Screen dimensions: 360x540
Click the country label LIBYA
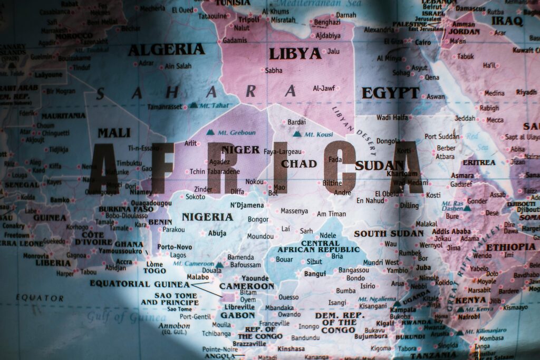pos(295,54)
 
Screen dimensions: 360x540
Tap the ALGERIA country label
pos(166,50)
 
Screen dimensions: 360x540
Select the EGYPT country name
pos(390,93)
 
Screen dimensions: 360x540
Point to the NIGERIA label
pos(207,217)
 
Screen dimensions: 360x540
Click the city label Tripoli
pos(249,19)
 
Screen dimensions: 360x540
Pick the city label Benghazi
pos(327,22)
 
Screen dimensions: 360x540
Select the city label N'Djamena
pos(247,205)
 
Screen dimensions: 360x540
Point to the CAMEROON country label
pos(247,286)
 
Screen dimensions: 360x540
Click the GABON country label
pos(237,315)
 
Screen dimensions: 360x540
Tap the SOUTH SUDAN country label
pos(389,233)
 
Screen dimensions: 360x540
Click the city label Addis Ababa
pos(451,231)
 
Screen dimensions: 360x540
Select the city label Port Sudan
pos(442,137)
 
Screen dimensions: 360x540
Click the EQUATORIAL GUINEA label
pos(139,284)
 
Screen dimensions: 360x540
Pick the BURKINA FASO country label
pos(126,209)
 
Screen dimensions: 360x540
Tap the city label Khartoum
pos(402,173)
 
